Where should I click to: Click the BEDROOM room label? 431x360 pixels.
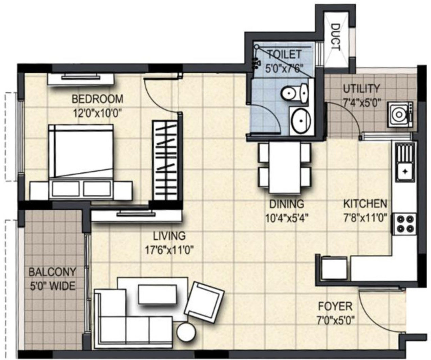coord(97,99)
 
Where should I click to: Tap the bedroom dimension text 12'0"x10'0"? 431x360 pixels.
coord(97,113)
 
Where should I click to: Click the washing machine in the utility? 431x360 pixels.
coord(400,114)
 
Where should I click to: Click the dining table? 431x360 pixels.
coord(284,167)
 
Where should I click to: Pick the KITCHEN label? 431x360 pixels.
coord(365,204)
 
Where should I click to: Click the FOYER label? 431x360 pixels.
coord(335,307)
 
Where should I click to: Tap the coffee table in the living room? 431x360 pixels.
coord(157,294)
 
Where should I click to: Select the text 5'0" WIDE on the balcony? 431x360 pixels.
coord(52,286)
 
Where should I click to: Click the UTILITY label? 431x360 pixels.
coord(361,89)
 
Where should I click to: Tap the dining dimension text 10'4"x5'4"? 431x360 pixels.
coord(287,218)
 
